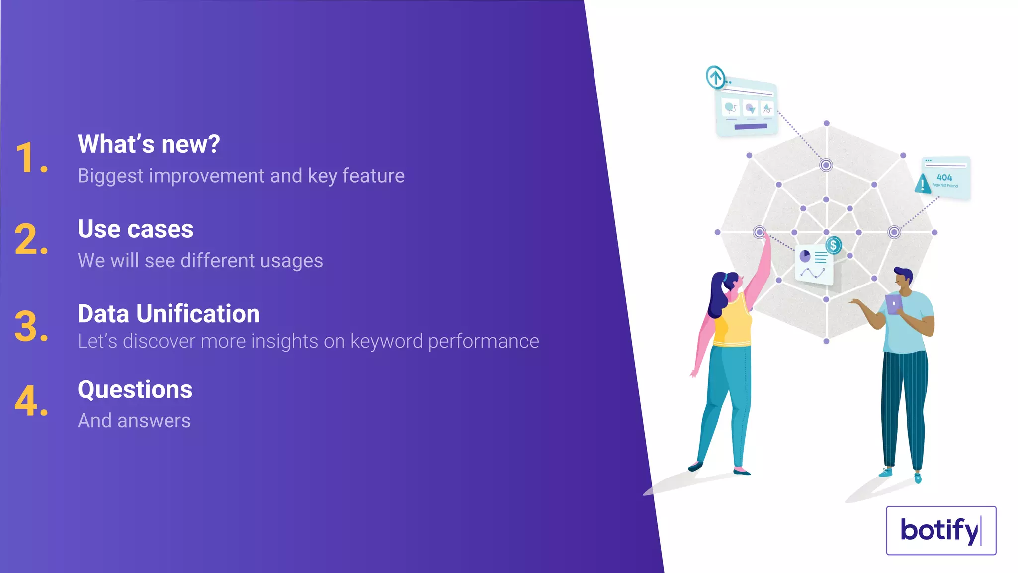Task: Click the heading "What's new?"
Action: tap(149, 144)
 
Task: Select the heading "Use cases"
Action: tap(135, 229)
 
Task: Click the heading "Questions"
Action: tap(135, 389)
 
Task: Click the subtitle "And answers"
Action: tap(134, 421)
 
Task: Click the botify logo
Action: tap(940, 530)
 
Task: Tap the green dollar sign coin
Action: tap(834, 245)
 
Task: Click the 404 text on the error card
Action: tap(944, 177)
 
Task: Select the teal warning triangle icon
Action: tap(923, 184)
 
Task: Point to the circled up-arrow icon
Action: tap(716, 77)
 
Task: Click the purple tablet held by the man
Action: tap(894, 304)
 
